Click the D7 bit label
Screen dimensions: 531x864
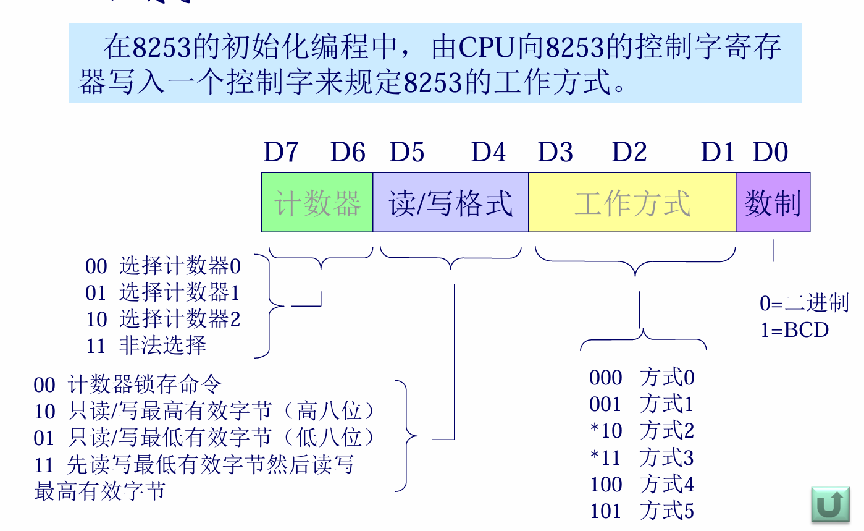[x=281, y=152]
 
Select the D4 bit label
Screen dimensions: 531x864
[x=488, y=152]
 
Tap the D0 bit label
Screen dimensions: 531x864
[x=770, y=152]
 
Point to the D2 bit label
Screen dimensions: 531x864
[x=629, y=152]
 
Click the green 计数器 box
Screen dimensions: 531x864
[x=317, y=203]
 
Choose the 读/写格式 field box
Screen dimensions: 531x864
[x=451, y=203]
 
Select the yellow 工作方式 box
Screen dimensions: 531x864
[x=632, y=203]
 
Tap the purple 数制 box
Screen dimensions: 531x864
[x=773, y=203]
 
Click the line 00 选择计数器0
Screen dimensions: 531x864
[x=163, y=266]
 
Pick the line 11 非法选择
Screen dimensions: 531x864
[x=146, y=345]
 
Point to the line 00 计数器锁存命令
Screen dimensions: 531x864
[x=127, y=385]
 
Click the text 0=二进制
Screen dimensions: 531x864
[x=804, y=304]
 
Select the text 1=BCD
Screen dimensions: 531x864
[x=794, y=330]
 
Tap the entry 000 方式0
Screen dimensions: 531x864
[x=642, y=378]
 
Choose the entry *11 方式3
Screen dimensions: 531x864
[x=642, y=458]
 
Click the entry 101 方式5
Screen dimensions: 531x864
[x=642, y=511]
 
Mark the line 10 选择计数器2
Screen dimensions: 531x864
[x=163, y=319]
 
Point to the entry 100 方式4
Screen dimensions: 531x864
[x=642, y=485]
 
